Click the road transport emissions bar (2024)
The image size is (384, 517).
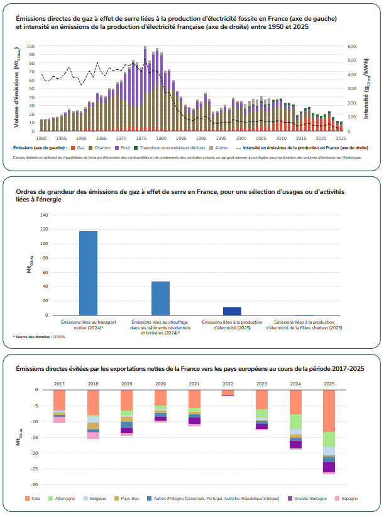pos(88,273)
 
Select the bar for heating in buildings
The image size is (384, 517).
pos(160,298)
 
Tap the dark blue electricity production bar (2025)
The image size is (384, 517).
pos(233,311)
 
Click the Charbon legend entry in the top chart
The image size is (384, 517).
pos(102,147)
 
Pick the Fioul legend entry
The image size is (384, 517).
pos(124,147)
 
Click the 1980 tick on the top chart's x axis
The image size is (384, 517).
pos(161,137)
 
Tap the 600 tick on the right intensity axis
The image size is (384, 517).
pos(351,46)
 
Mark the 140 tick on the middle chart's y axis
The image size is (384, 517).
pos(44,215)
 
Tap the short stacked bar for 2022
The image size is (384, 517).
pos(227,393)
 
